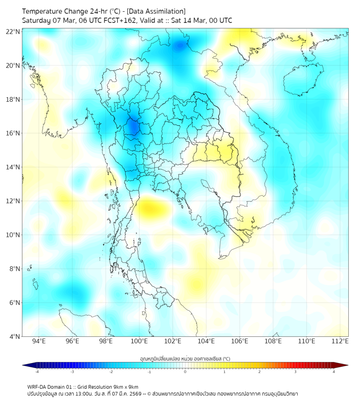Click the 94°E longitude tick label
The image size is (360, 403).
[x=39, y=341]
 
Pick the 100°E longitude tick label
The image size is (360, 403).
[x=139, y=341]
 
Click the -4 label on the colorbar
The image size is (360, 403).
[x=37, y=372]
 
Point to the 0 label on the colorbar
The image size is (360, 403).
[x=185, y=372]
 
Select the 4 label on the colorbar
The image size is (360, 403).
[x=333, y=372]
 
